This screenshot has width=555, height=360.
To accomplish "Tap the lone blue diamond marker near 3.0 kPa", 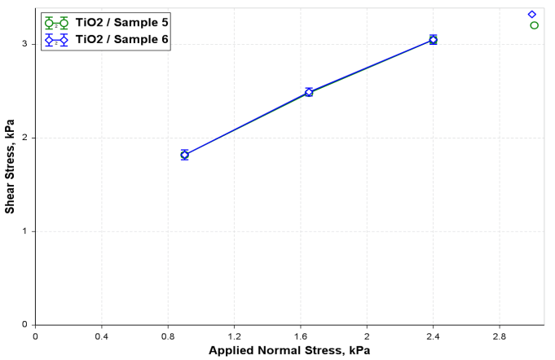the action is (531, 14).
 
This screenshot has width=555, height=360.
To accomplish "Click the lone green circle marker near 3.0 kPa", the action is (534, 25).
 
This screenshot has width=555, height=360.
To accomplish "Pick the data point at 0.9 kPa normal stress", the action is (184, 155).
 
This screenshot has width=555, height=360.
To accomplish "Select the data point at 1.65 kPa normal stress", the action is (309, 92).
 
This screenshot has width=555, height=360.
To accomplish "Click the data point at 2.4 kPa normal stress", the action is (433, 40).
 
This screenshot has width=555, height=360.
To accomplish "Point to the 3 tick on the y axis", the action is (24, 44).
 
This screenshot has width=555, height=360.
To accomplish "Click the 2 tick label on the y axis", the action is (24, 138).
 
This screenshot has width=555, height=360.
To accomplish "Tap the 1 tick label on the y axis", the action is (24, 231).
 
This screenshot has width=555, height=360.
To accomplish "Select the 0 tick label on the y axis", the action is (24, 325).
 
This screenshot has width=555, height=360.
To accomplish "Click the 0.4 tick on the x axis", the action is (102, 336).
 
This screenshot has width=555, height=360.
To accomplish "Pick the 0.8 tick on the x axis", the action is (168, 336).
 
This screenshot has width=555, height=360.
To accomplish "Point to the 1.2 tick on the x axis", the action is (235, 336).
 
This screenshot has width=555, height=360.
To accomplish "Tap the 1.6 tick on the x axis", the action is (301, 336).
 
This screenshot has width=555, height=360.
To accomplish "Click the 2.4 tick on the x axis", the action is (433, 336).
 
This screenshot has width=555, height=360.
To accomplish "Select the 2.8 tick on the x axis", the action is (499, 336).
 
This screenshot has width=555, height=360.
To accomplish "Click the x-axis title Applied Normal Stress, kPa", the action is (289, 350).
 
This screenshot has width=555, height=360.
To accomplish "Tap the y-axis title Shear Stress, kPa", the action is (10, 166).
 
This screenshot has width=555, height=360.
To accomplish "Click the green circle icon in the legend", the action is (49, 24).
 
